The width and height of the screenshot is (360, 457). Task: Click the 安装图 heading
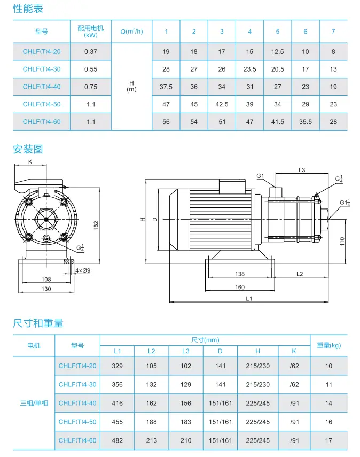(28, 149)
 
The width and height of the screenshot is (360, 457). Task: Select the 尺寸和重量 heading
(38, 323)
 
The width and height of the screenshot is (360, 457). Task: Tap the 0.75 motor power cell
(91, 87)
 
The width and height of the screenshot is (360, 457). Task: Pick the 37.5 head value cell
(166, 87)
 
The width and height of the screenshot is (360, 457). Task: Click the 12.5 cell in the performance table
(277, 51)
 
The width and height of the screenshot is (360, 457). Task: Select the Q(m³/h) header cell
(131, 32)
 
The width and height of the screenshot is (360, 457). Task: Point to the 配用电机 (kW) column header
(91, 32)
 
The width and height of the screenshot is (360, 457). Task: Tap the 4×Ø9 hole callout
(83, 271)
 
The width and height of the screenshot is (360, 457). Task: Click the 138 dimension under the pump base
(240, 274)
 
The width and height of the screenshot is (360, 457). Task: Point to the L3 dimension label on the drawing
(301, 170)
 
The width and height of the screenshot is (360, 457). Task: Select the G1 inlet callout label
(260, 176)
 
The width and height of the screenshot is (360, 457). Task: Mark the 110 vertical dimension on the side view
(342, 241)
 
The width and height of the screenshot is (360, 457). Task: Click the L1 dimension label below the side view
(249, 299)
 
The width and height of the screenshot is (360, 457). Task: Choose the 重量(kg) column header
(328, 345)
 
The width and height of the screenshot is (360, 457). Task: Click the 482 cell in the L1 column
(118, 440)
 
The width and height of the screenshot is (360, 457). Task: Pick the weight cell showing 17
(328, 440)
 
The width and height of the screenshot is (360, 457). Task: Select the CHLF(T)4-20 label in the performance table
(42, 51)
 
